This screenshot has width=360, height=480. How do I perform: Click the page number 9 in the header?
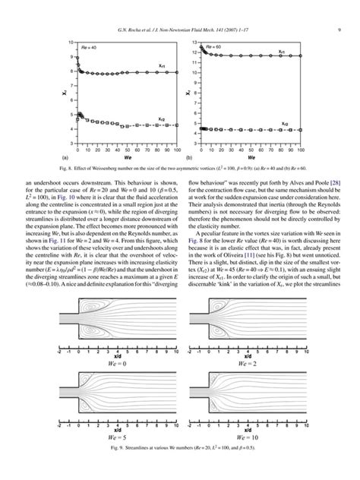(x=336, y=9)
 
